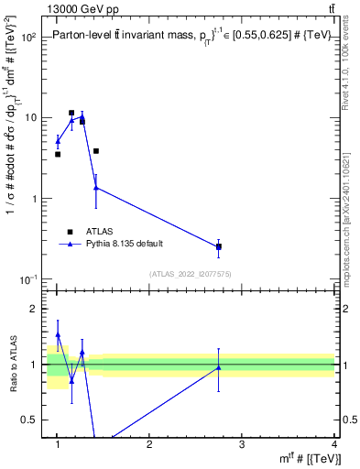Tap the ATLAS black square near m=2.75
click(x=219, y=246)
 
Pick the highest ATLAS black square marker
click(x=71, y=113)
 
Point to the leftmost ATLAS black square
click(x=58, y=154)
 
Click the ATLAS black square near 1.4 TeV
click(x=96, y=151)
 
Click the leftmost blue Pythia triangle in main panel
click(x=58, y=141)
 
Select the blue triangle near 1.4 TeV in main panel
click(x=96, y=188)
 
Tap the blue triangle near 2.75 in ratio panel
click(x=219, y=367)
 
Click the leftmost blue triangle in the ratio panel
click(x=58, y=335)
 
